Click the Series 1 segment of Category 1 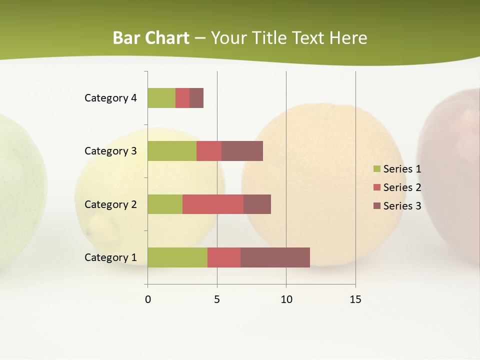tap(177, 257)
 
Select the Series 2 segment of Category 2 tap(213, 204)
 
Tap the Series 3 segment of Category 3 tap(242, 151)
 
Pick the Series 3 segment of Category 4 tap(196, 98)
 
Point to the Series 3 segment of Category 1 tap(275, 257)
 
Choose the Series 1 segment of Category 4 tap(161, 98)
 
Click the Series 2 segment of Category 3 tap(209, 151)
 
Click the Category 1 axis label tap(110, 257)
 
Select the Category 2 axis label tap(110, 204)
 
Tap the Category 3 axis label tap(110, 151)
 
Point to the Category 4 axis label tap(110, 98)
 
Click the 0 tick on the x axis tap(148, 299)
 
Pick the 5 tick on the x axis tap(217, 299)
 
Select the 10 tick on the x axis tap(286, 299)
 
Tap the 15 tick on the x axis tap(355, 299)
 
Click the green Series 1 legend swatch tap(376, 169)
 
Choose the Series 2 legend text tap(402, 187)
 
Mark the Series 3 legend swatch tap(376, 206)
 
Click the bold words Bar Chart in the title tap(151, 38)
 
